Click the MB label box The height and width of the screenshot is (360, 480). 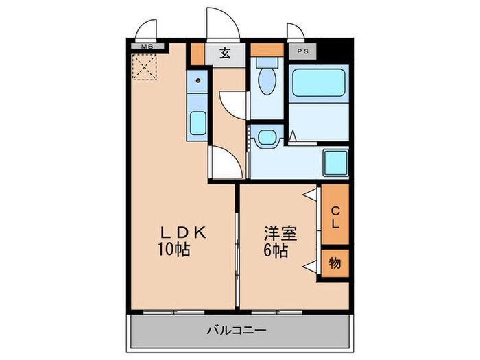coord(147,47)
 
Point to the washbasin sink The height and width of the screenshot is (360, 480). coord(266,136)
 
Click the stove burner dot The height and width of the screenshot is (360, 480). coord(197,81)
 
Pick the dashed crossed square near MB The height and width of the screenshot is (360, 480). coord(145,68)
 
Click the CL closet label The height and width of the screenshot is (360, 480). coord(335,217)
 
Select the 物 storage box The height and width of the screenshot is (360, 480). coord(335,263)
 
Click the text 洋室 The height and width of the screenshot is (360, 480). coord(281,234)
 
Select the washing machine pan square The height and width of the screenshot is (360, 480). coord(335,163)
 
